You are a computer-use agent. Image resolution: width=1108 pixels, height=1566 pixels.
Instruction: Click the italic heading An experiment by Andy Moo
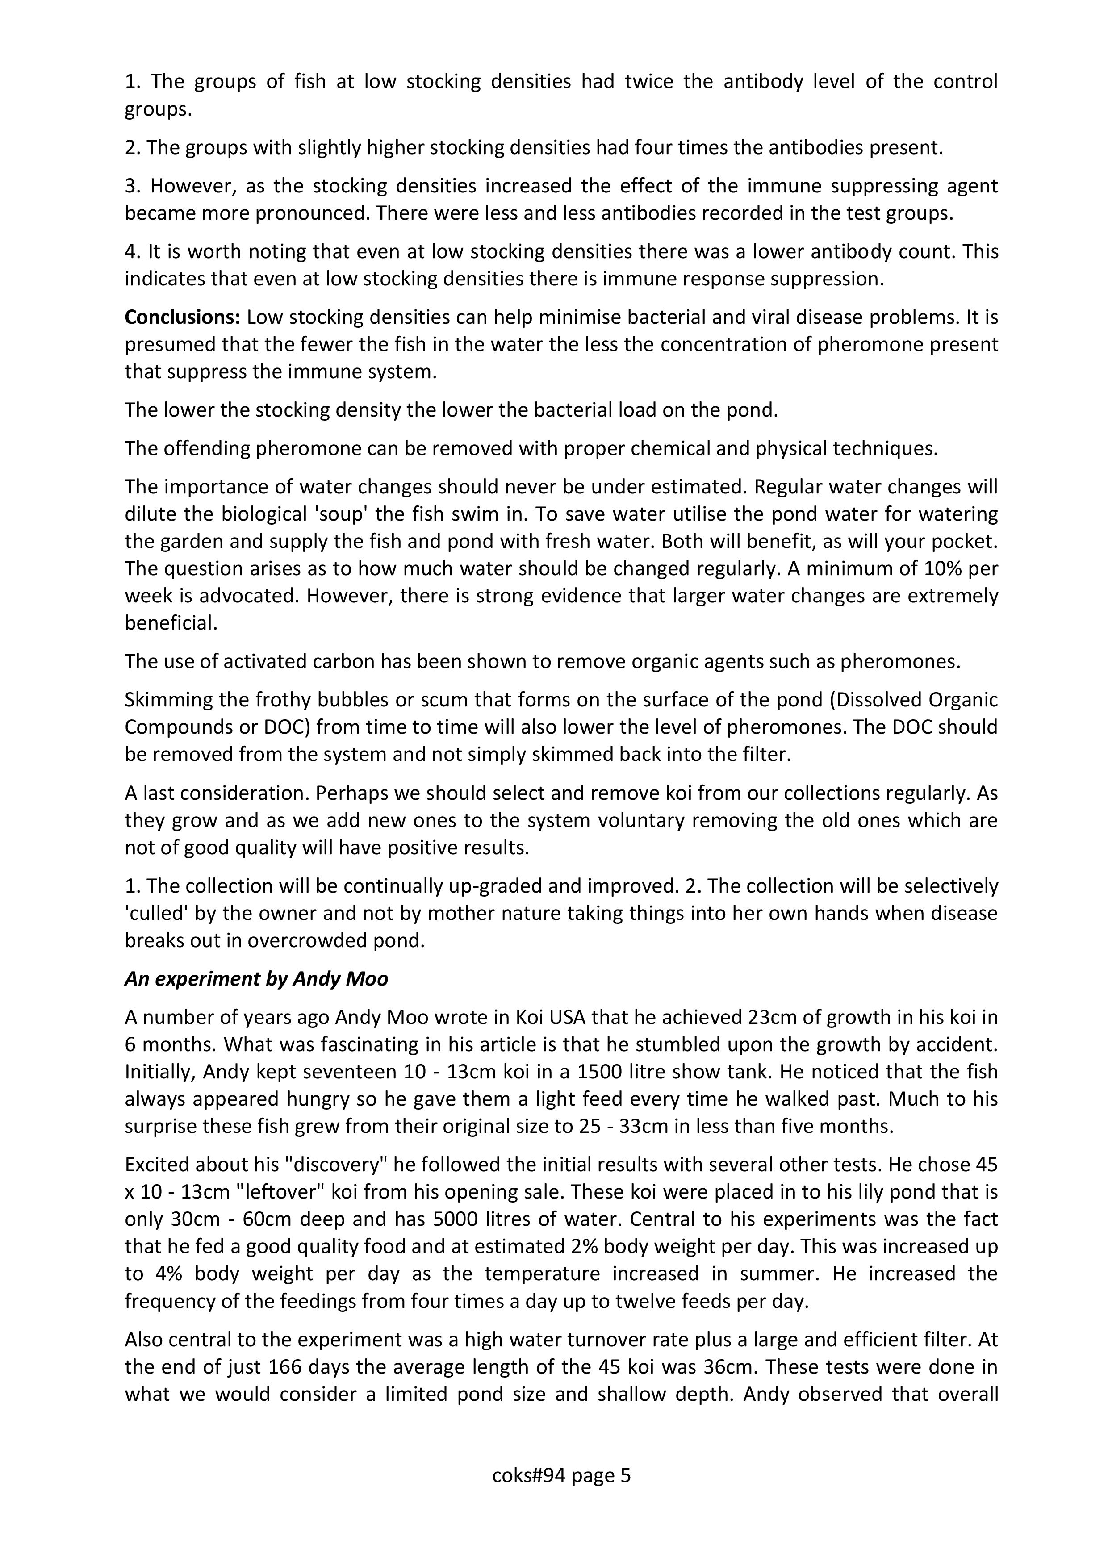tap(256, 979)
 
